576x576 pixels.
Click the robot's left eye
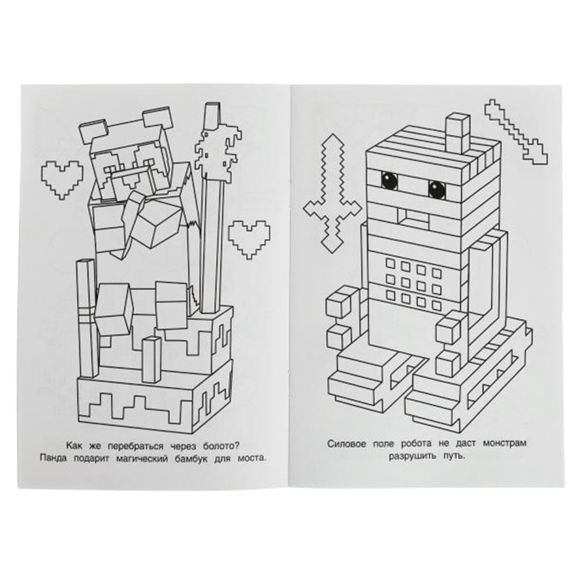click(x=390, y=179)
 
